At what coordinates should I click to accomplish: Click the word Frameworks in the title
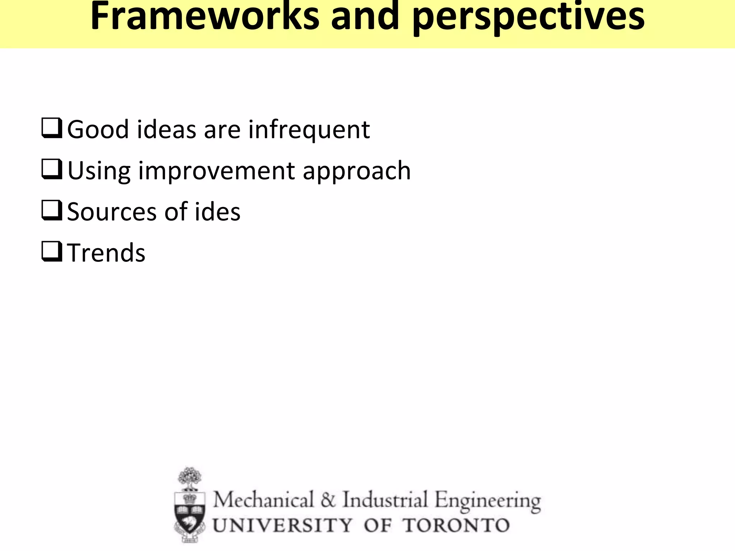205,17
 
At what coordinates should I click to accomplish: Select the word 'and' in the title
365,17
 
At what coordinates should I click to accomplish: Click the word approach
357,171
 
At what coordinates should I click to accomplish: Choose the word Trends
106,253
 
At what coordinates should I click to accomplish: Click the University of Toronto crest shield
190,513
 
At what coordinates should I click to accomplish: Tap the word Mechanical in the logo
263,500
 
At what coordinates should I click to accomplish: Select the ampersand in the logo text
328,500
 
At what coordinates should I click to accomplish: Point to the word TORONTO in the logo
456,526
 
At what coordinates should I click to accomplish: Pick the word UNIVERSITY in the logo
282,526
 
